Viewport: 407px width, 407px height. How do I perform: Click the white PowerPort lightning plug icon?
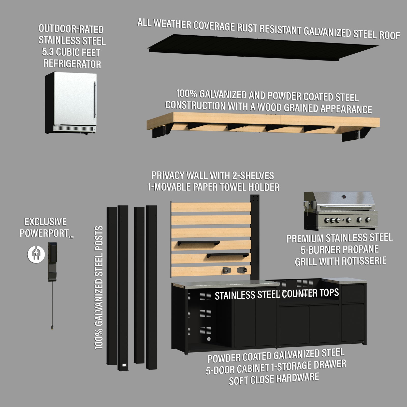pyautogui.click(x=36, y=254)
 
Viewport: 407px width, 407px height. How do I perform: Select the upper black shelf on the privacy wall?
pyautogui.click(x=198, y=243)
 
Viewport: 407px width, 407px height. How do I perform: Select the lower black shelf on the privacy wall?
pyautogui.click(x=228, y=255)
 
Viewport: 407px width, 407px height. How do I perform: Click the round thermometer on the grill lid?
pyautogui.click(x=343, y=196)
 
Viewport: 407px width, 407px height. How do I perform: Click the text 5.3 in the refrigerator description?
pyautogui.click(x=48, y=52)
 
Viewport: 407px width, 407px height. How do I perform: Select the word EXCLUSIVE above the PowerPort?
pyautogui.click(x=46, y=222)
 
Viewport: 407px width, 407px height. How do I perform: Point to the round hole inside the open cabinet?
pyautogui.click(x=209, y=339)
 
